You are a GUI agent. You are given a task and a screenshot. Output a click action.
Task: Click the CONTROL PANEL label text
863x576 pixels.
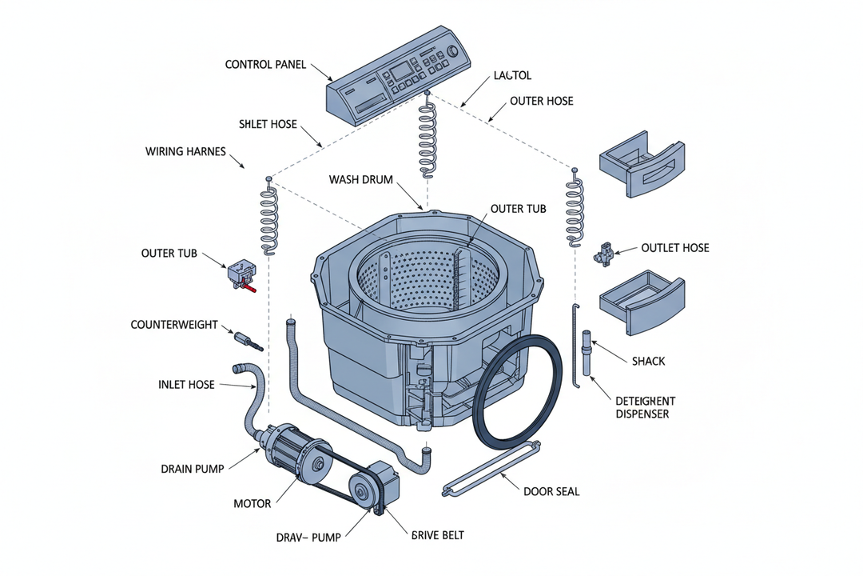click(x=265, y=65)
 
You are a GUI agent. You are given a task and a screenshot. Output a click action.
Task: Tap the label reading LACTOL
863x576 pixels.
click(x=513, y=75)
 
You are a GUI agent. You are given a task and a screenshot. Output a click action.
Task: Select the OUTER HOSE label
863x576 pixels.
click(x=541, y=102)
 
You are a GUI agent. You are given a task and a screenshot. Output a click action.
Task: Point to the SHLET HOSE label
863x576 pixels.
click(x=268, y=125)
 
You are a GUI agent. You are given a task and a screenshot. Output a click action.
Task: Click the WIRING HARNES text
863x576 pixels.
click(x=185, y=151)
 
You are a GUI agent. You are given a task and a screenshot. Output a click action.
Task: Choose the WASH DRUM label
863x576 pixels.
click(x=360, y=180)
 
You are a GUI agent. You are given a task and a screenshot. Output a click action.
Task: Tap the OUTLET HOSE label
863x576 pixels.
click(x=674, y=248)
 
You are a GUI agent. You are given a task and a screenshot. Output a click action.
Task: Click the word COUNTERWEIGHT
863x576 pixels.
click(x=174, y=326)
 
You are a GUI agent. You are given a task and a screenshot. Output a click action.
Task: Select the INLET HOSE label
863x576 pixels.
click(x=186, y=385)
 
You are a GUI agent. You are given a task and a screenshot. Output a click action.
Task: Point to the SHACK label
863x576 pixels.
click(x=648, y=362)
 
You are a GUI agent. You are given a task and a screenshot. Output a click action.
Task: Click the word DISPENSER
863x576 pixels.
click(x=642, y=414)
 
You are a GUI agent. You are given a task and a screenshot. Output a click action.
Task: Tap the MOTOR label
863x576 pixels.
click(x=253, y=504)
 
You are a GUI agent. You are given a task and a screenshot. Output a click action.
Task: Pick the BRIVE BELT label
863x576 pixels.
click(x=437, y=534)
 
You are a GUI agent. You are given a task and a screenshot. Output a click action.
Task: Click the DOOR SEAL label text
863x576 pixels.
click(x=551, y=491)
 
